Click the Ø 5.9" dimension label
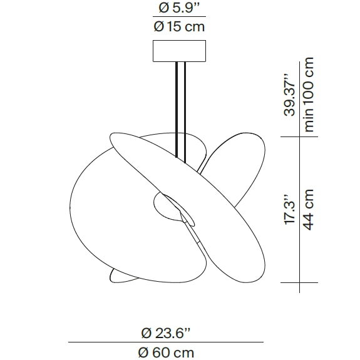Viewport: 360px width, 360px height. pos(179,8)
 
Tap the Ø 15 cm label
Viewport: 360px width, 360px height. pos(179,26)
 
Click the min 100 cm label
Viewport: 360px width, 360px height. pos(309,94)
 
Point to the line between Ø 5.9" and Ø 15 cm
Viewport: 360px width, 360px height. pos(179,18)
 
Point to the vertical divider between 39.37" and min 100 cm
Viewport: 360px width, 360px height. pos(299,94)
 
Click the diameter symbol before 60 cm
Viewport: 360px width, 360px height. pos(143,352)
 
